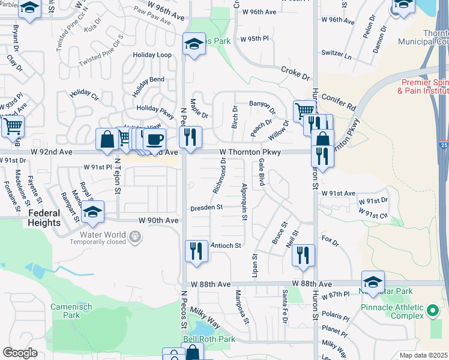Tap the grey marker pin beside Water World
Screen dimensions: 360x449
click(x=136, y=238)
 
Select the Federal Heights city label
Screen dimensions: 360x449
click(x=43, y=218)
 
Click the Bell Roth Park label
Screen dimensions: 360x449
click(x=209, y=339)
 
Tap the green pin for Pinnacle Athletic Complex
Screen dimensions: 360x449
click(x=433, y=311)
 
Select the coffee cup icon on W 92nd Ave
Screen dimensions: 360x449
click(x=155, y=139)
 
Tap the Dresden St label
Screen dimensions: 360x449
click(x=206, y=207)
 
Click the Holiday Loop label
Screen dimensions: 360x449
click(x=152, y=55)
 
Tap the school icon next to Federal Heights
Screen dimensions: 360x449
click(x=92, y=212)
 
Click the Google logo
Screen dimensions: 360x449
click(x=20, y=353)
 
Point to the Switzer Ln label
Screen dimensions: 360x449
click(x=337, y=55)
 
